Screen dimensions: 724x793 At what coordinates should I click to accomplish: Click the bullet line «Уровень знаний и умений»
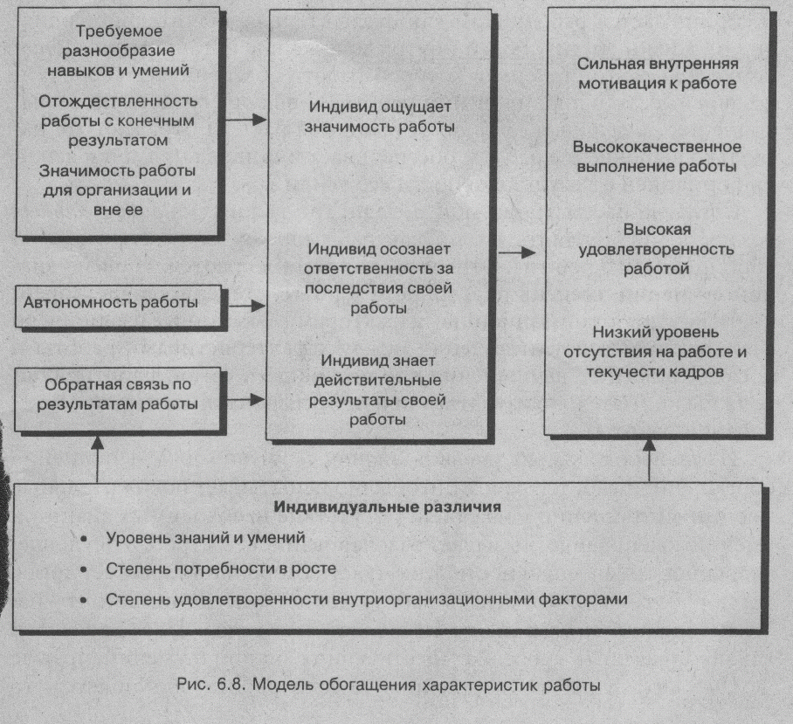(x=205, y=539)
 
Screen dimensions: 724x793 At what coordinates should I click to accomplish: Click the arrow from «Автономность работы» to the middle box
(x=247, y=306)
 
